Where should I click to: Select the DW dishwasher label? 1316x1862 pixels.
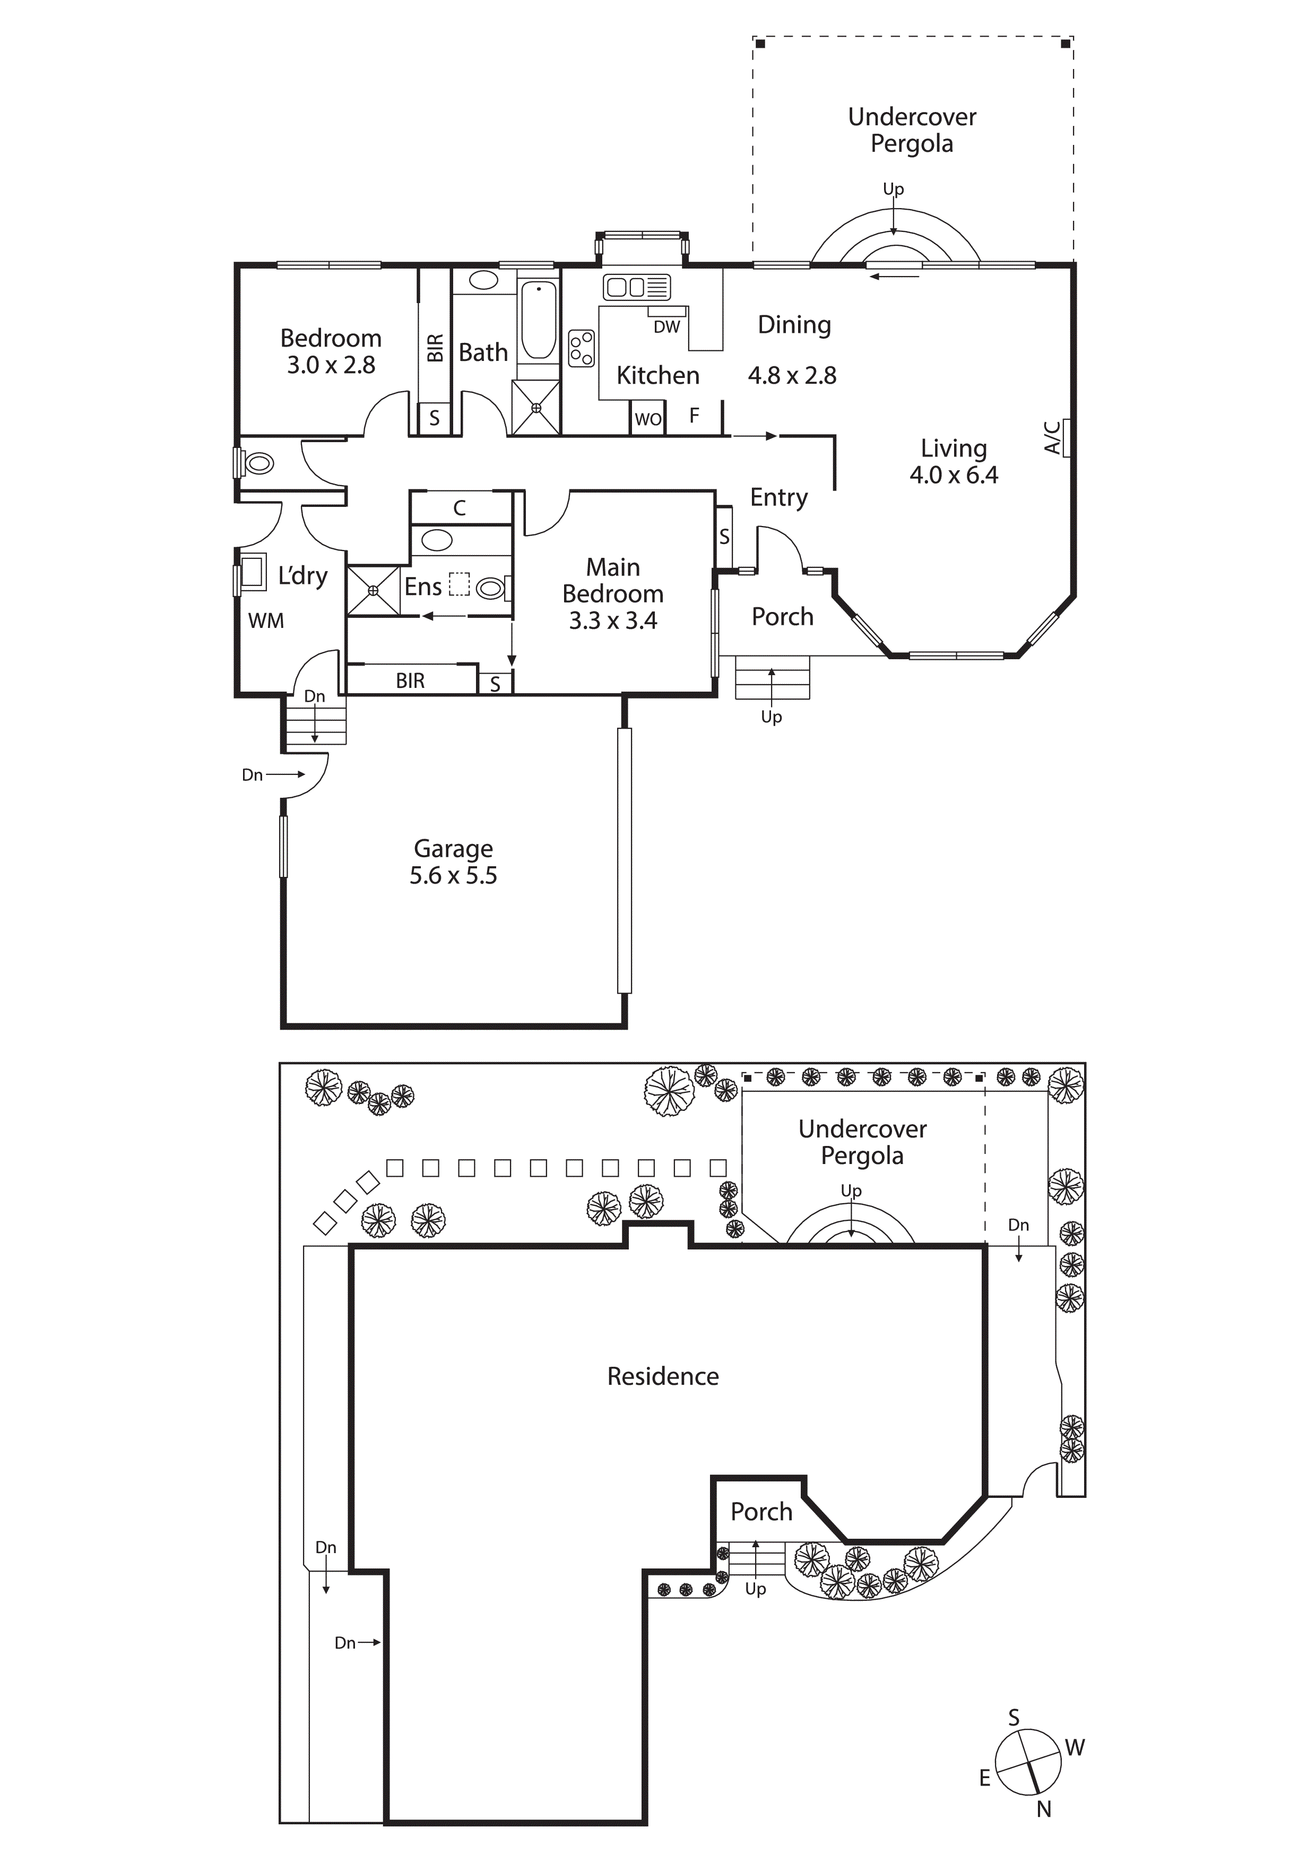point(666,327)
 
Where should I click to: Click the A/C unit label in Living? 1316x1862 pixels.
point(1052,437)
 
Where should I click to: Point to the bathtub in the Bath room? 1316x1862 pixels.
point(538,320)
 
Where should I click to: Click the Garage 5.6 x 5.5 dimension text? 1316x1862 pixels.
point(453,876)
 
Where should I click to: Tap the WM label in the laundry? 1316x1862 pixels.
point(266,620)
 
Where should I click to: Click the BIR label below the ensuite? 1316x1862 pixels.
point(410,680)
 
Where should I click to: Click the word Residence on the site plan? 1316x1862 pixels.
point(662,1376)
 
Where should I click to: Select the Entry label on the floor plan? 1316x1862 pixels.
point(778,497)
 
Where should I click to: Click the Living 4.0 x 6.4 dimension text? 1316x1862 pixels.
point(954,475)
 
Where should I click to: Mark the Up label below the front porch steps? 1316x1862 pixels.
point(771,717)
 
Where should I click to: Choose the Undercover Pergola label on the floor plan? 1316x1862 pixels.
point(912,130)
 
